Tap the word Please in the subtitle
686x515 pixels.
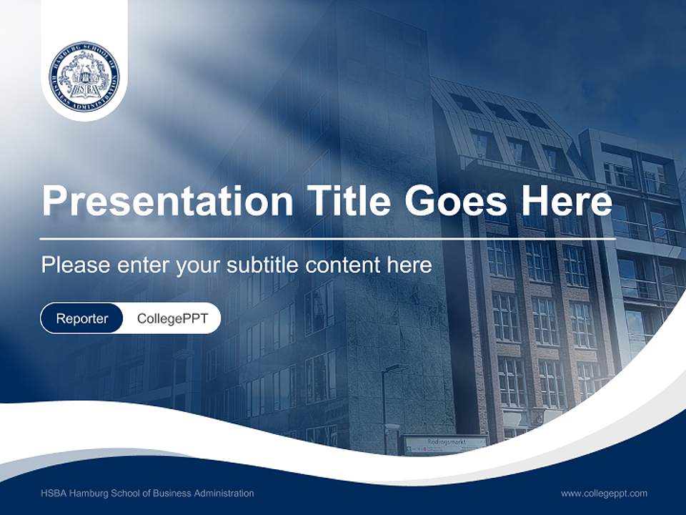click(x=71, y=265)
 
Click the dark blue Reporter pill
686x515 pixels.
click(x=82, y=318)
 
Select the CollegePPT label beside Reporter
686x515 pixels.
click(x=172, y=318)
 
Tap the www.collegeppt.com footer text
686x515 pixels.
click(x=604, y=493)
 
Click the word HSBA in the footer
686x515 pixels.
click(x=53, y=493)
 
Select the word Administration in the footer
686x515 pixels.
click(x=222, y=493)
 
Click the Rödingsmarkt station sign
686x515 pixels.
click(x=446, y=443)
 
